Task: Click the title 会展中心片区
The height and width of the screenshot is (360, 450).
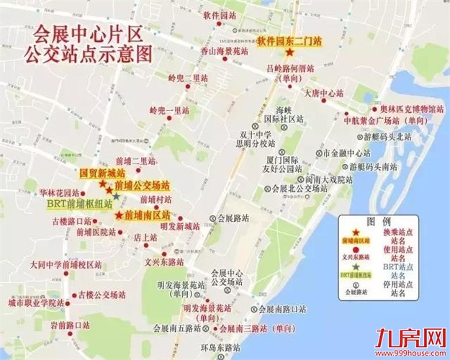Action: point(86,34)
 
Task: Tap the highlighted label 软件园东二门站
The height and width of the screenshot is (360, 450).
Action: point(287,42)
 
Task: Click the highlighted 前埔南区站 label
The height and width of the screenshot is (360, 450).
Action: point(148,215)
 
